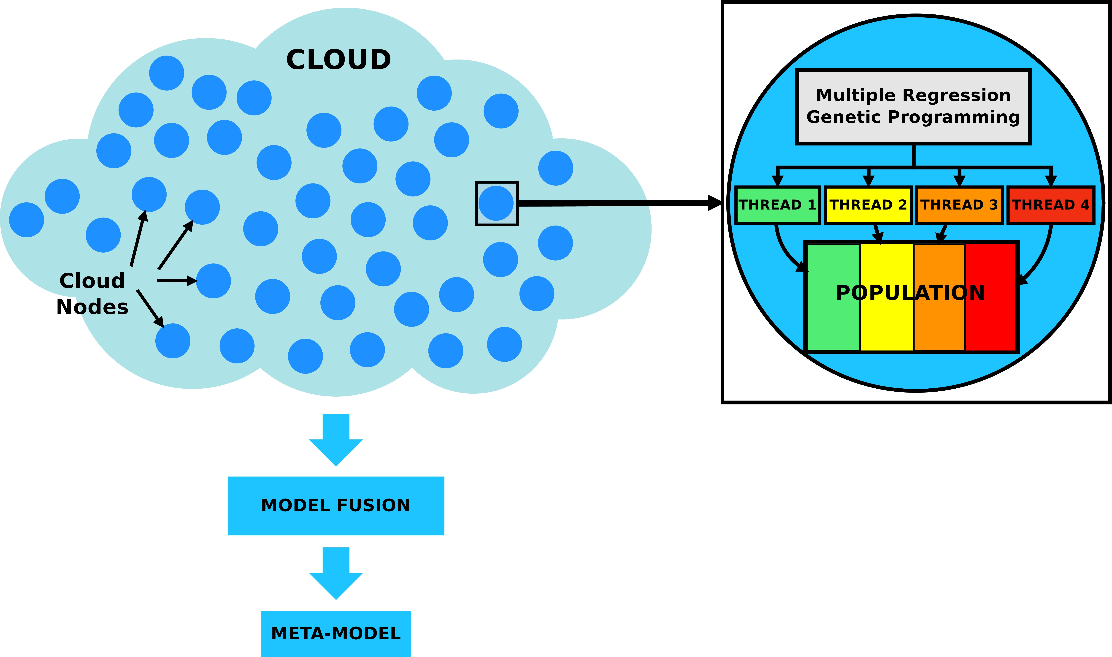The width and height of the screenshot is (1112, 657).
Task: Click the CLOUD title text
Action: [x=338, y=60]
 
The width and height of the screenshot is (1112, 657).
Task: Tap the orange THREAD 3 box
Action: [x=959, y=205]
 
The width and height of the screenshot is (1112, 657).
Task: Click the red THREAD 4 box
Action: [x=1050, y=205]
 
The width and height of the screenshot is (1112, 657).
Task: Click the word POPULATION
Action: [x=910, y=293]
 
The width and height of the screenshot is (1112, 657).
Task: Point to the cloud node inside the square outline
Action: [x=496, y=203]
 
